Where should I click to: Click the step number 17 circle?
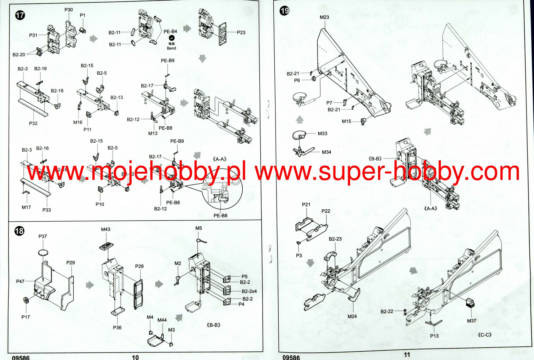pyautogui.click(x=20, y=15)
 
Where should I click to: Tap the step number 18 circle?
pyautogui.click(x=19, y=231)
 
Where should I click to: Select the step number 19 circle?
pyautogui.click(x=284, y=11)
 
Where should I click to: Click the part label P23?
pyautogui.click(x=241, y=32)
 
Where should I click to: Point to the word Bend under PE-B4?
pyautogui.click(x=171, y=48)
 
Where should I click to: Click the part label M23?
pyautogui.click(x=324, y=17)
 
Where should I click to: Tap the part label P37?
pyautogui.click(x=43, y=236)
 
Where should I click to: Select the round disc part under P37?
pyautogui.click(x=43, y=252)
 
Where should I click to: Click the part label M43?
pyautogui.click(x=106, y=229)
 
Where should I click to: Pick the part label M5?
pyautogui.click(x=199, y=228)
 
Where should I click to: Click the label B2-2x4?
pyautogui.click(x=249, y=291)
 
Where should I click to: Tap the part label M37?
pyautogui.click(x=472, y=321)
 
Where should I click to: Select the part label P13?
pyautogui.click(x=434, y=336)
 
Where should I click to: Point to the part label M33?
pyautogui.click(x=322, y=133)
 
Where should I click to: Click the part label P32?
pyautogui.click(x=33, y=123)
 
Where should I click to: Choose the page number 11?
pyautogui.click(x=407, y=355)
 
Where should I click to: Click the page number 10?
pyautogui.click(x=135, y=357)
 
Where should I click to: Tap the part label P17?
pyautogui.click(x=26, y=317)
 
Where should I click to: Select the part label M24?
pyautogui.click(x=352, y=316)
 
